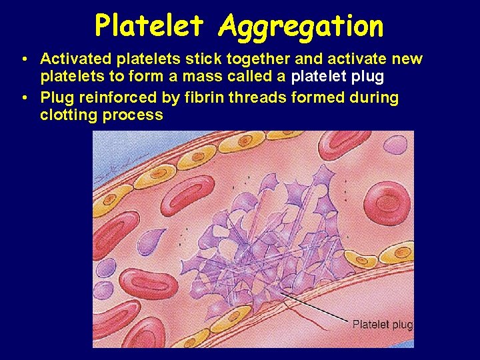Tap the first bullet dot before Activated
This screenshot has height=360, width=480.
tap(24, 59)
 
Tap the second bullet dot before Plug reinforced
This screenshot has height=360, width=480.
tap(24, 98)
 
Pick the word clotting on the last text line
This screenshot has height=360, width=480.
tap(69, 115)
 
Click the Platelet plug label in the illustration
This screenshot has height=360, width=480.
tap(382, 325)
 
